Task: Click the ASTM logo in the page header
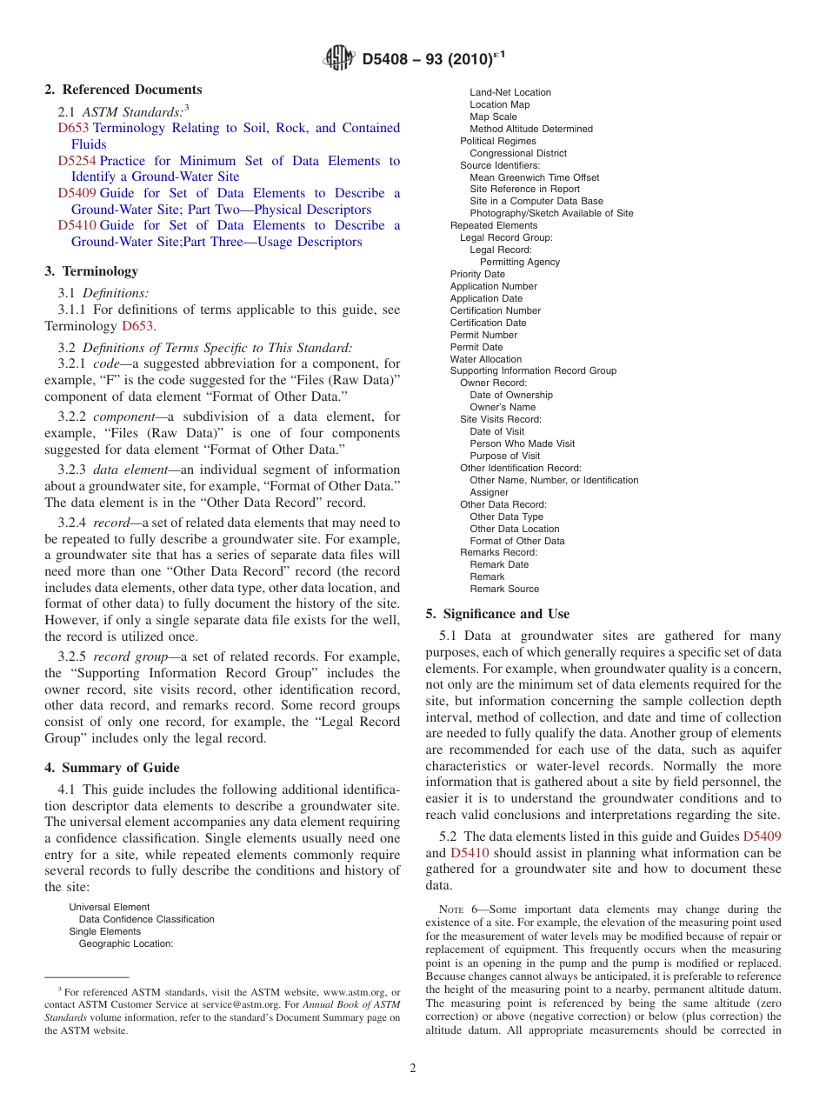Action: click(339, 58)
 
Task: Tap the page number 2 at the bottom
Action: click(413, 1069)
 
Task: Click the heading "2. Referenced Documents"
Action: click(123, 90)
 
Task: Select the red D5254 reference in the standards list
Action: click(77, 161)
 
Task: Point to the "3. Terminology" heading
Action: click(91, 271)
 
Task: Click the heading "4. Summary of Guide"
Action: click(112, 768)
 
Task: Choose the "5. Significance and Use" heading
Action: click(497, 614)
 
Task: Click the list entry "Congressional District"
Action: click(518, 153)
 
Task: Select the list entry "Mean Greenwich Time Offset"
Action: click(534, 177)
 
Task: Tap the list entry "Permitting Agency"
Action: click(520, 262)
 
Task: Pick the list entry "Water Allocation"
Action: click(486, 359)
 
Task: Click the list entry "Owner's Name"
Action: click(503, 407)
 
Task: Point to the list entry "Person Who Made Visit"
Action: click(522, 443)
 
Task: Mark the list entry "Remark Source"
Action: click(504, 589)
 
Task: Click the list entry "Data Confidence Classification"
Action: click(146, 919)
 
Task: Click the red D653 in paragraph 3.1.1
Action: click(137, 326)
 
